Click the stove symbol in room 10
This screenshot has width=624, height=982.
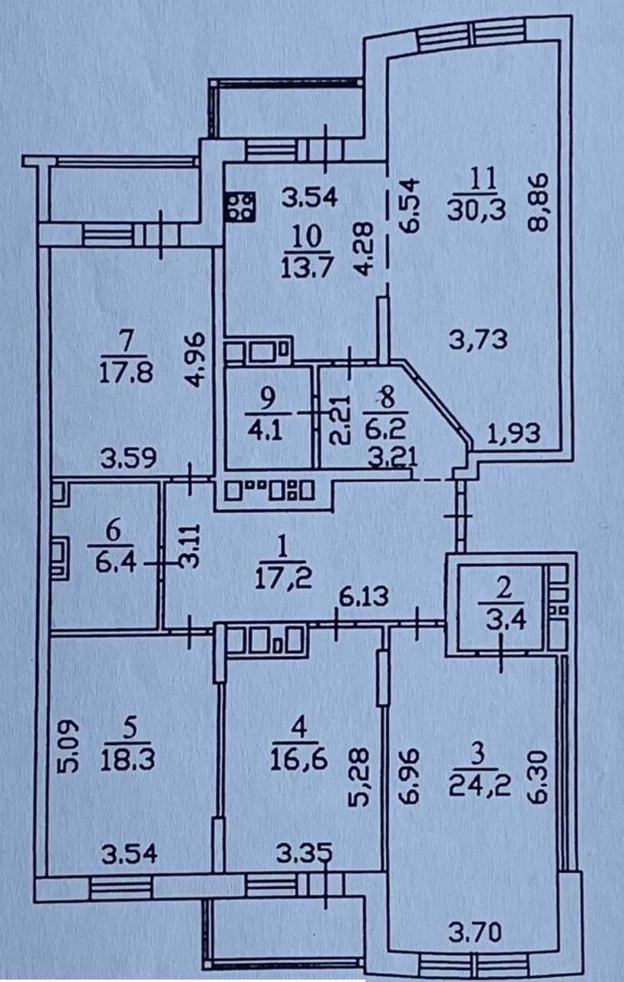241,206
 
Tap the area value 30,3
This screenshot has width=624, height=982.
476,210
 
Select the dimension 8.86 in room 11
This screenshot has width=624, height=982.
537,202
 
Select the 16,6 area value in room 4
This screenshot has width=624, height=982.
299,759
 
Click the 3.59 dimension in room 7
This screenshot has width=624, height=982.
128,458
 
